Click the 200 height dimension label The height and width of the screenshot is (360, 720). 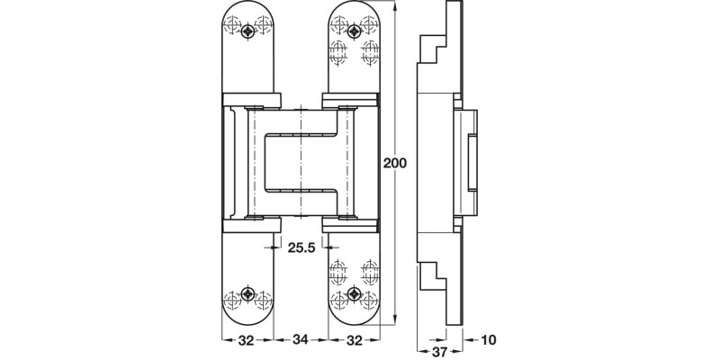coord(396,165)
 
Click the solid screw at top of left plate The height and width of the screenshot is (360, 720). coord(248,31)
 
